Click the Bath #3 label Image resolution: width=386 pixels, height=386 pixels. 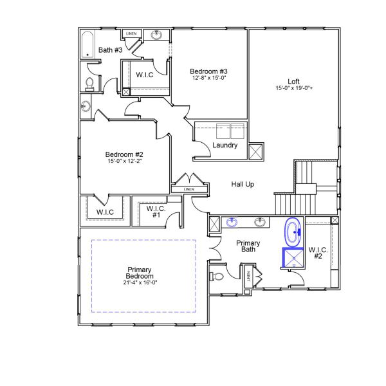110,50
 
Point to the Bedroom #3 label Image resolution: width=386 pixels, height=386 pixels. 208,71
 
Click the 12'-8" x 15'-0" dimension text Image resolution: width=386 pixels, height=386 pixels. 208,78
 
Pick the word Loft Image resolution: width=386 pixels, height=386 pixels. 293,81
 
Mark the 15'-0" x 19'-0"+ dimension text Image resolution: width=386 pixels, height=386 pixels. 294,88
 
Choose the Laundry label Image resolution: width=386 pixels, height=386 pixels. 225,145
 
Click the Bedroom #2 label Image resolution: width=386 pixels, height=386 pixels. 124,154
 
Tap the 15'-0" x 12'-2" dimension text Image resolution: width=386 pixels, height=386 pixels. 124,161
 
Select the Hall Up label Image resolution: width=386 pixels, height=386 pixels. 243,185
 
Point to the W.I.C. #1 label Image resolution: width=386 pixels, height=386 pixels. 156,212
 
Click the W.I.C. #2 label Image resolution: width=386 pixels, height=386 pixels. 318,253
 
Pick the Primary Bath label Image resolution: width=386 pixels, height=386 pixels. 248,246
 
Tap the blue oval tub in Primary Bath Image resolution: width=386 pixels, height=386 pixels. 294,232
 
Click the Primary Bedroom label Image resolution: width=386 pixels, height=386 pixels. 140,273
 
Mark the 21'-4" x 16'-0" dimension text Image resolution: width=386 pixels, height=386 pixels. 140,282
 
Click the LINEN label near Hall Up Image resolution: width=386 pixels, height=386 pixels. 188,189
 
